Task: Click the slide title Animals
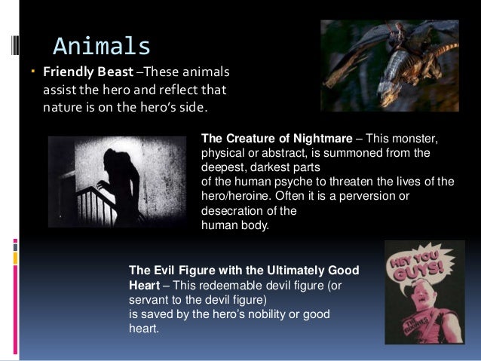[x=102, y=46]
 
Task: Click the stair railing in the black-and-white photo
[x=79, y=211]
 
